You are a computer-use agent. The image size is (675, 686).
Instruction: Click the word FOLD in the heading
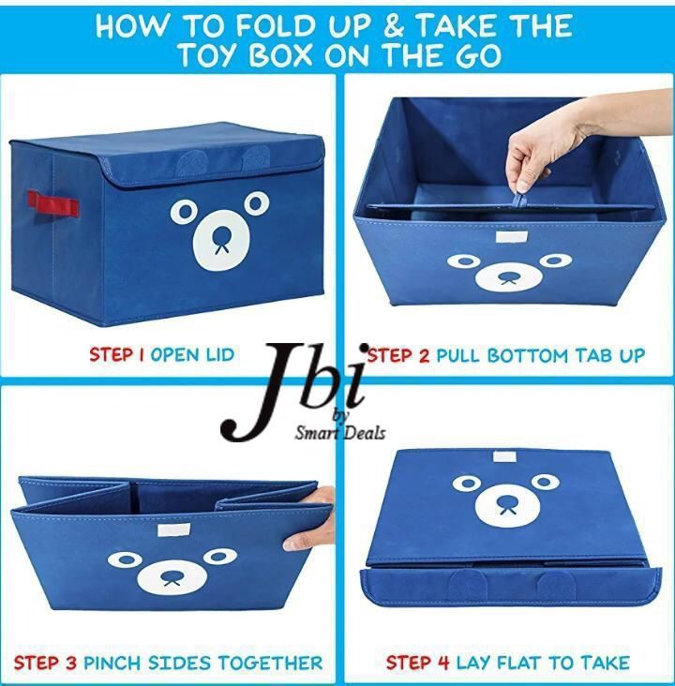[x=276, y=26]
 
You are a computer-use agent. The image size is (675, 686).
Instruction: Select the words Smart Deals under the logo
[x=340, y=433]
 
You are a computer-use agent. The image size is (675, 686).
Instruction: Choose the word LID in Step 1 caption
[x=220, y=354]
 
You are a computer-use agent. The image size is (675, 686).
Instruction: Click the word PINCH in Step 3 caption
[x=112, y=664]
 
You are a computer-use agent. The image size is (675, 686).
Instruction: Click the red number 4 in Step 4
[x=443, y=663]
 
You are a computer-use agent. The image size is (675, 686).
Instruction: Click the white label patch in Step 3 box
[x=173, y=529]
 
